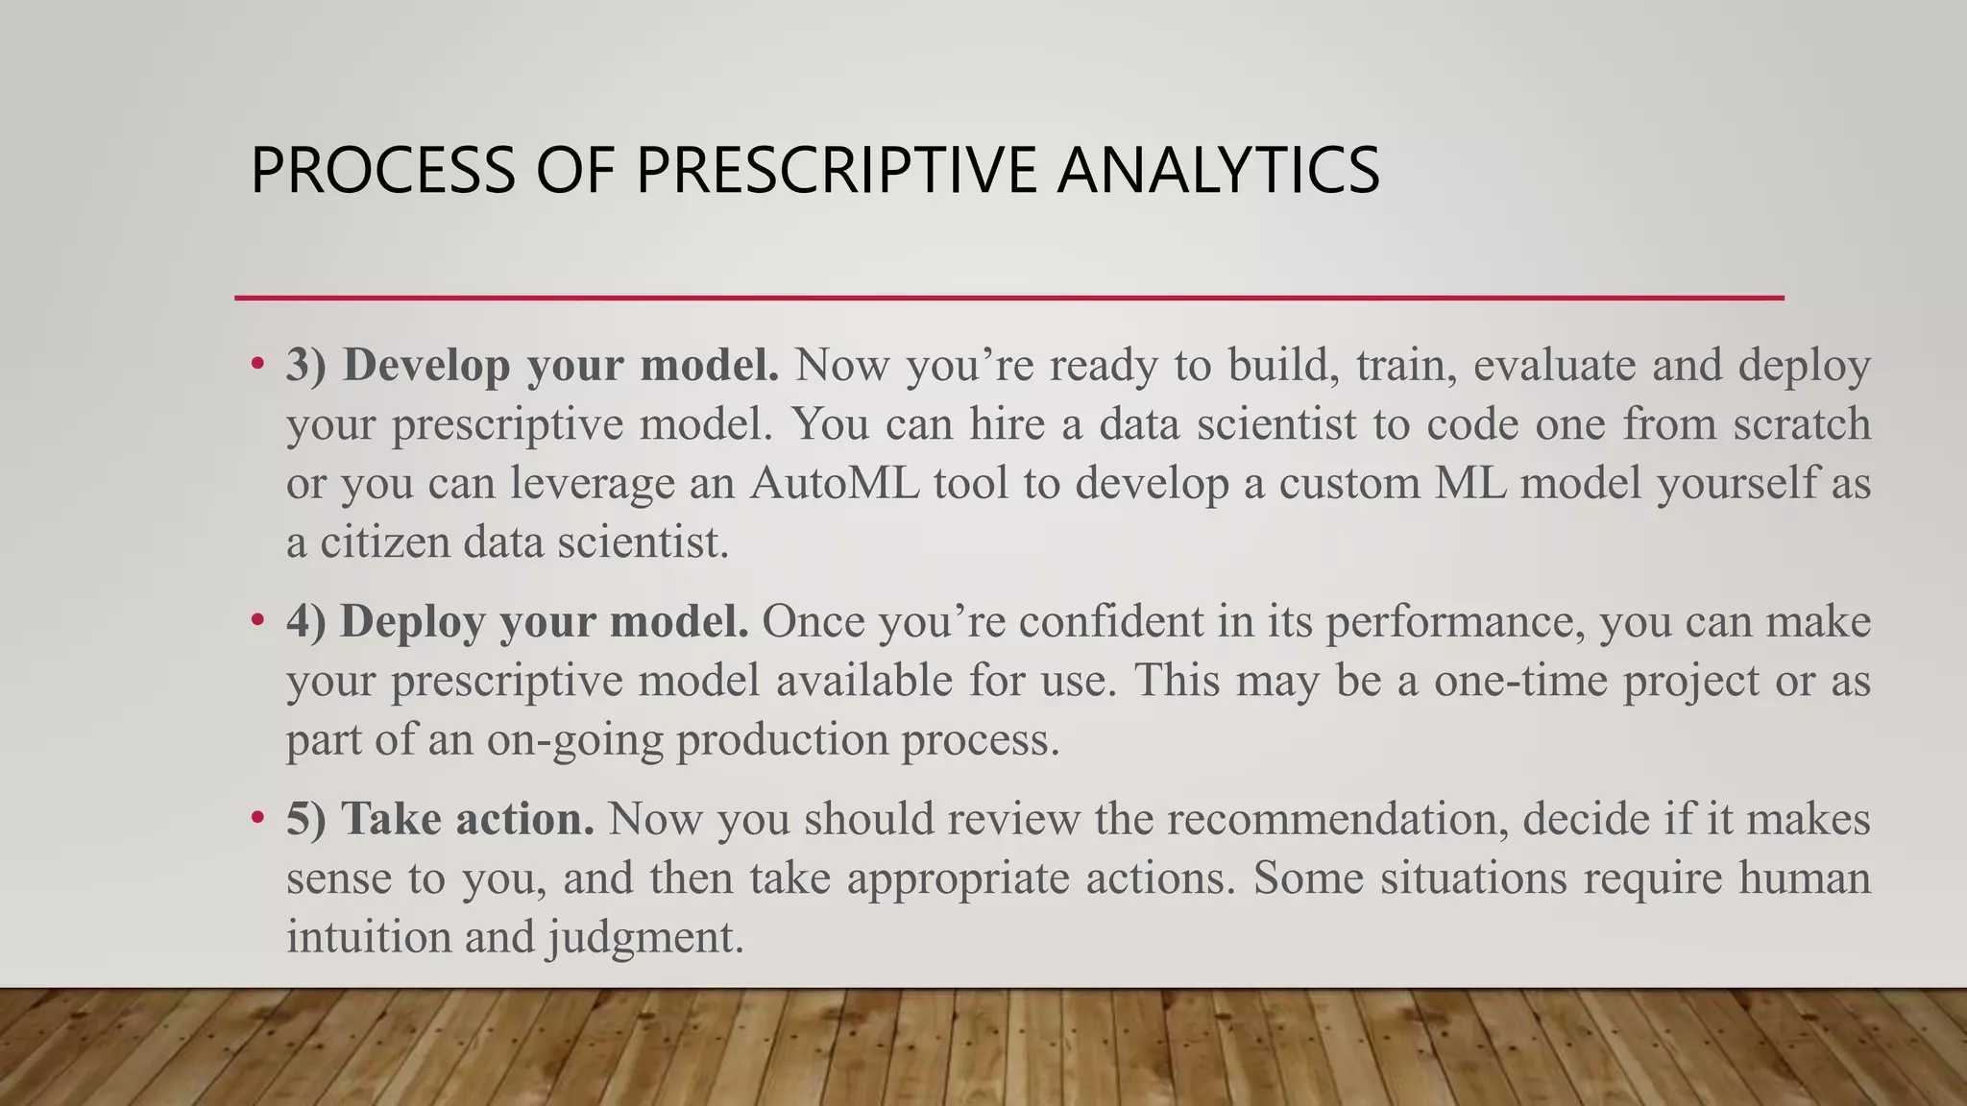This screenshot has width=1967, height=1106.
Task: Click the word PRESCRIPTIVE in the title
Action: coord(836,170)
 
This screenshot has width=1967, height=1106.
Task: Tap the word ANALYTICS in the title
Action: coord(1218,170)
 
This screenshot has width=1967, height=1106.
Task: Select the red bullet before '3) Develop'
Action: coord(256,364)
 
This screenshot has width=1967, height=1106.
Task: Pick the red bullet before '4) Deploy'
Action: coord(256,620)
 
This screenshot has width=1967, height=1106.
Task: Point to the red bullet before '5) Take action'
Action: coord(256,818)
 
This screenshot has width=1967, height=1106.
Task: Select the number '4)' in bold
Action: coord(306,621)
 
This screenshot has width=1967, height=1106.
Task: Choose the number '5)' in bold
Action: coord(306,819)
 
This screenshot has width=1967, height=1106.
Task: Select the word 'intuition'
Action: coord(368,936)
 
